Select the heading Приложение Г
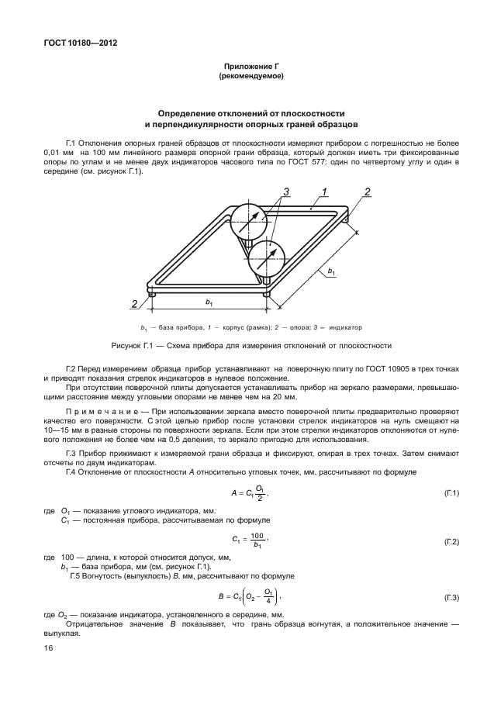coord(250,68)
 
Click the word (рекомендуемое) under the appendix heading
coord(250,77)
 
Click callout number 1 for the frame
coord(325,191)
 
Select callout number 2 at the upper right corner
coord(368,192)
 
